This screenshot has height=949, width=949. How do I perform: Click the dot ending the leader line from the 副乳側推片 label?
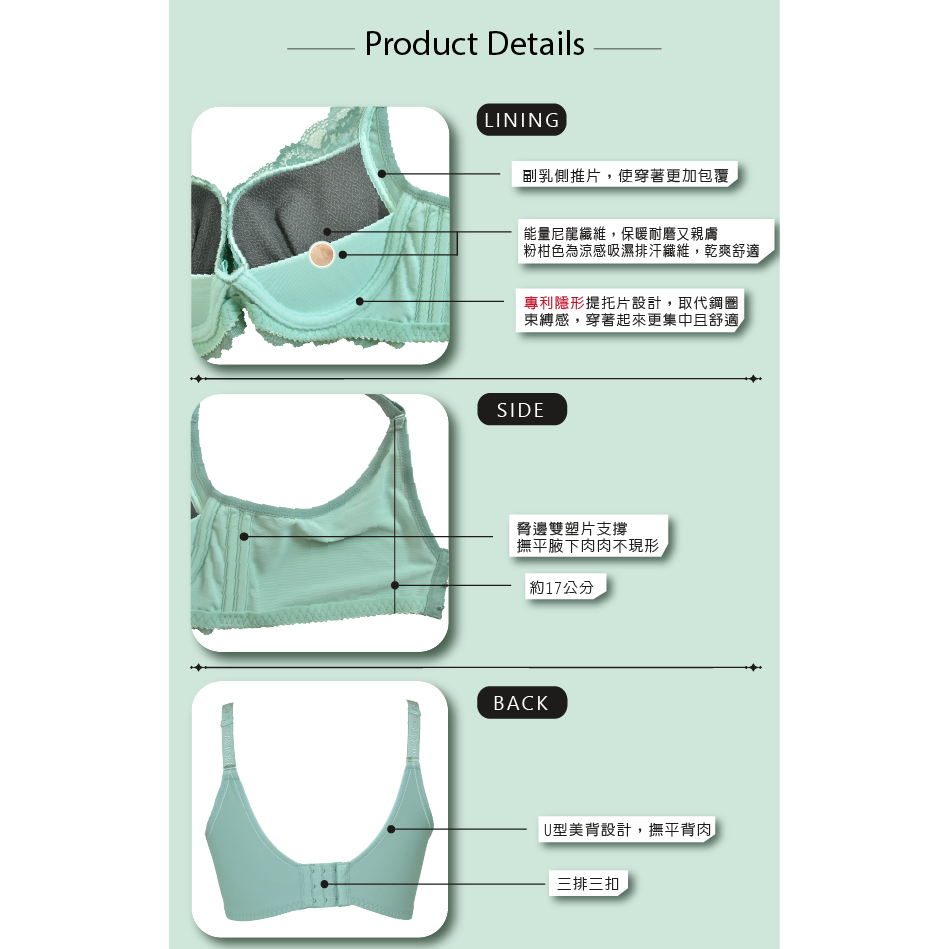tap(382, 174)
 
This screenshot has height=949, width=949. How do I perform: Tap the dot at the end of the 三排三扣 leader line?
tap(324, 884)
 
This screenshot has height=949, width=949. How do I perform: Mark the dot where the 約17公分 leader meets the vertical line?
tap(395, 585)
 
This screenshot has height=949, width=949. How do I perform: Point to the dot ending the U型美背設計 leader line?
tap(391, 829)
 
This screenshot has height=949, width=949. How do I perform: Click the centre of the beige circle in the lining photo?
tap(321, 254)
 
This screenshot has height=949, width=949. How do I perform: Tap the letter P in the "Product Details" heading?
tap(376, 44)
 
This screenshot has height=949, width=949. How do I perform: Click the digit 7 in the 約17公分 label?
tap(556, 588)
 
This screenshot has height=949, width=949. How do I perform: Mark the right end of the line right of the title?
tap(661, 48)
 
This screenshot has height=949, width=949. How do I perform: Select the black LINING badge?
tap(522, 120)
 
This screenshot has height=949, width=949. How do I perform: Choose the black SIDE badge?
tap(522, 410)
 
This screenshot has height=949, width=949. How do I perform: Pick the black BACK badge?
tap(522, 703)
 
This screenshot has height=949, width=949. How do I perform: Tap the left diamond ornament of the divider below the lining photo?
tap(197, 379)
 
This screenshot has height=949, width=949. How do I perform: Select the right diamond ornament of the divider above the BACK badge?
tap(754, 668)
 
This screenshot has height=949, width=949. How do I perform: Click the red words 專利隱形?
tap(554, 303)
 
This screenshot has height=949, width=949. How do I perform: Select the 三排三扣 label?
tap(588, 884)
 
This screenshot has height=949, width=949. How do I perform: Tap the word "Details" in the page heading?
tap(535, 44)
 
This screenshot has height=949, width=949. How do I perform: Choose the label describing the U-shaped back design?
tap(627, 829)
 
